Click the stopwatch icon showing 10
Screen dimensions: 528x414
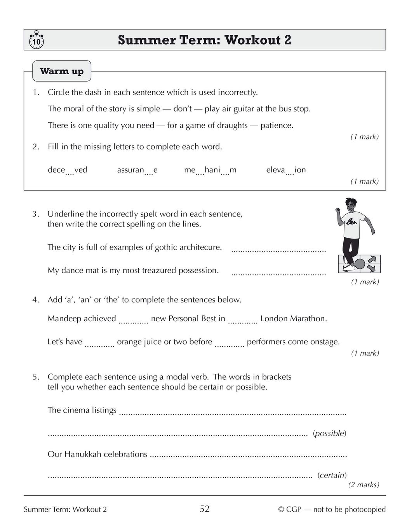pos(36,40)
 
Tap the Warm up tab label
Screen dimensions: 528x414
pos(62,71)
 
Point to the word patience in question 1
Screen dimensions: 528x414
pos(277,125)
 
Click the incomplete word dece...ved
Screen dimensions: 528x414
pos(68,170)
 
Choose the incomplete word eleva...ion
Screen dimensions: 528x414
pos(286,170)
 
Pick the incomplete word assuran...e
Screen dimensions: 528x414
pos(137,170)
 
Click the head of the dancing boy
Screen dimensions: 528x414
pos(350,205)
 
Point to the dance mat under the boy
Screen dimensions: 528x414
pos(360,264)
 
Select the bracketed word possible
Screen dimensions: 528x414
pos(329,433)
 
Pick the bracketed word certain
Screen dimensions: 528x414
pos(332,475)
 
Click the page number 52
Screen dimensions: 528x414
pos(205,509)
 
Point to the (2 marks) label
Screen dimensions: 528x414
pos(364,485)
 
